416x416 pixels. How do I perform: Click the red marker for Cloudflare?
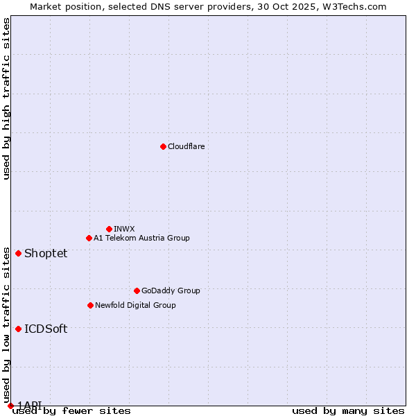pos(163,146)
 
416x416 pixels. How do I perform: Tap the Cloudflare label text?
pos(186,146)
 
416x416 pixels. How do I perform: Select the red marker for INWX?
pos(109,229)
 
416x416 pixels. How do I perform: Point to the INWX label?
pos(124,229)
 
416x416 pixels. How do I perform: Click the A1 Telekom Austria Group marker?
pos(89,238)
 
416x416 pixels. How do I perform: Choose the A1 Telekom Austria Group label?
pos(141,238)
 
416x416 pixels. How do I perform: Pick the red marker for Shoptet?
pos(18,253)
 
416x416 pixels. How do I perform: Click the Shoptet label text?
pos(46,253)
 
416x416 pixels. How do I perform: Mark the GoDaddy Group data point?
pos(137,291)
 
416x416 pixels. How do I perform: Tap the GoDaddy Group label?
pos(171,291)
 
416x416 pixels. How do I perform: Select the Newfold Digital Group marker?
pos(90,305)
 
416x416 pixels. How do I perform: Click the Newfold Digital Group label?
pos(135,305)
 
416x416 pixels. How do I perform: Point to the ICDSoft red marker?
pos(18,329)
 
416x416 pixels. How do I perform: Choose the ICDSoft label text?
pos(46,329)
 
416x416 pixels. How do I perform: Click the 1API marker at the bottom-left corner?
pos(10,406)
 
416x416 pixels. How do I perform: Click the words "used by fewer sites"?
pos(71,410)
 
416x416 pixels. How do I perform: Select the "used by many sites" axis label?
pos(348,410)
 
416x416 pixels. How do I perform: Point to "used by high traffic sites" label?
pos(6,98)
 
